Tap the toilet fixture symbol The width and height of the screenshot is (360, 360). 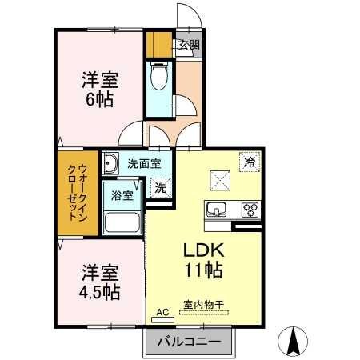pos(159,78)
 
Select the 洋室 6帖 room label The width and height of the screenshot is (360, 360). pos(100,90)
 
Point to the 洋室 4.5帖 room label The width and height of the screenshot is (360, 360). pos(100,281)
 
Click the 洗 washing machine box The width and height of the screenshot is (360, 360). pos(160,189)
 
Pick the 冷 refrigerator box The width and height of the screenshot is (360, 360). pos(250,160)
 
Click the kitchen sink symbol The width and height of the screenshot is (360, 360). pos(217,210)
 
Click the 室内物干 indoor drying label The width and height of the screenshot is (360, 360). pos(202,305)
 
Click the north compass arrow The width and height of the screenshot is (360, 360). pos(294,343)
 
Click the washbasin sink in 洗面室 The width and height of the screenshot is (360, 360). pos(110,164)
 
